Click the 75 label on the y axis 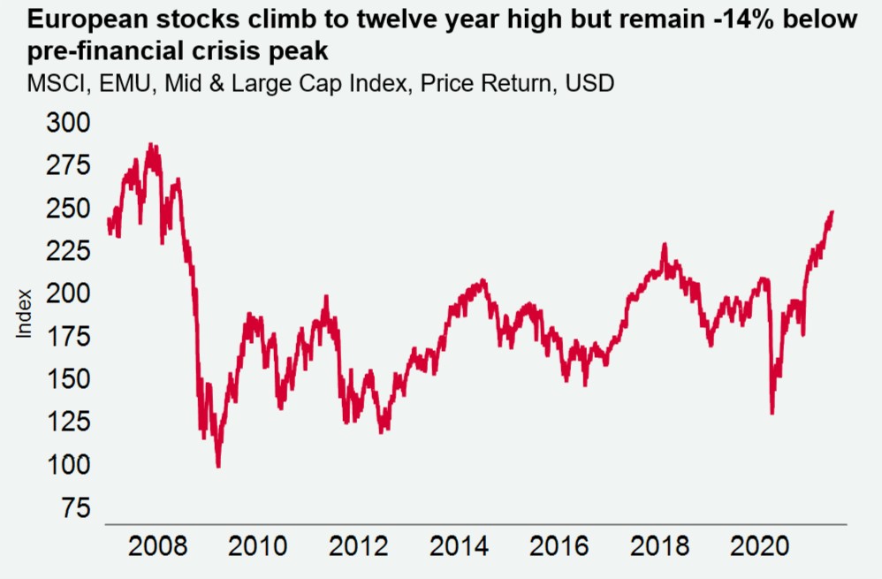click(74, 509)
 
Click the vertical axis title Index click(25, 314)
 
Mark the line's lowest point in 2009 click(218, 466)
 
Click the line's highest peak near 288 click(151, 143)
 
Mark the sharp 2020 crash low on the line click(772, 413)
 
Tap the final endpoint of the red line click(833, 212)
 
